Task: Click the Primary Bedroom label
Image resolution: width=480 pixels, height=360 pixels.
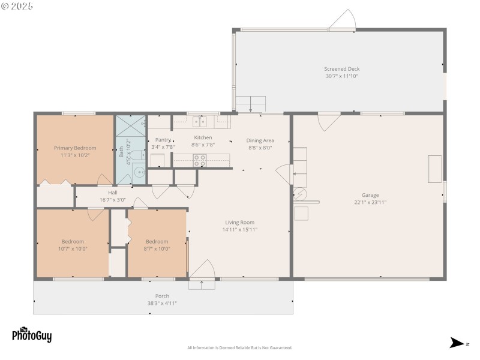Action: [75, 148]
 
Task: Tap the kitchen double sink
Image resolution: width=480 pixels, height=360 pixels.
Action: [200, 122]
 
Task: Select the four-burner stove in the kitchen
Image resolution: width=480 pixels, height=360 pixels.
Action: [199, 160]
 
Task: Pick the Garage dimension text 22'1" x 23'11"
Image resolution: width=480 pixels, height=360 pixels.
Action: [370, 202]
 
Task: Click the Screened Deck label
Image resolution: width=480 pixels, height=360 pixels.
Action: [342, 69]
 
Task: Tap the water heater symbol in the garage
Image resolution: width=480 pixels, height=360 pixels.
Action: [299, 194]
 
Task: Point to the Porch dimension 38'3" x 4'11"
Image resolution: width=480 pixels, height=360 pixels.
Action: [162, 303]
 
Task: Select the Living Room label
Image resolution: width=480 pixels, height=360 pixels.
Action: [239, 222]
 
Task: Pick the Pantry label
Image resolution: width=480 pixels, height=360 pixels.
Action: [163, 139]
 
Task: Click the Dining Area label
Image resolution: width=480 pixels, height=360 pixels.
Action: [260, 140]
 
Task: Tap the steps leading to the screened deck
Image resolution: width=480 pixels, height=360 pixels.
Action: [250, 103]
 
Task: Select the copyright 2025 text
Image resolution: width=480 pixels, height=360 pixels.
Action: [17, 6]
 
